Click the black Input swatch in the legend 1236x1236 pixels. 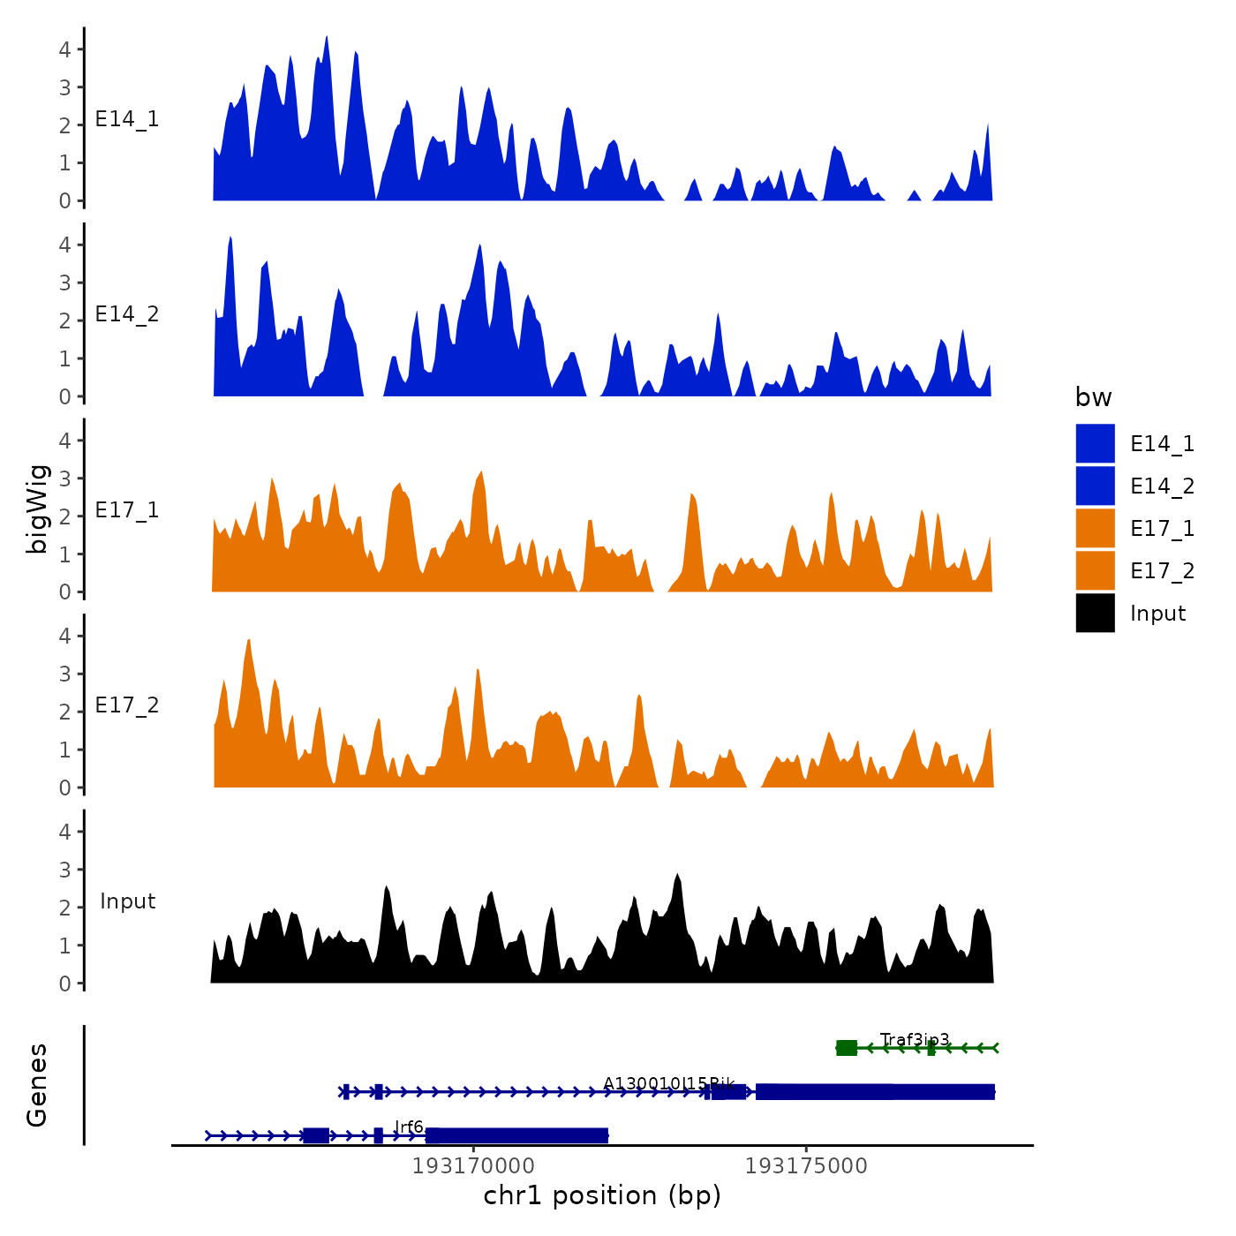click(1095, 613)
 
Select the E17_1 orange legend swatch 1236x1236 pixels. click(1095, 528)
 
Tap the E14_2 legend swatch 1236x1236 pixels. click(1095, 486)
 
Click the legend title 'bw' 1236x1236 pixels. click(1093, 397)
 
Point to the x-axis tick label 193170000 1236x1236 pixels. click(473, 1166)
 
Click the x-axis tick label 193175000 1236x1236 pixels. click(806, 1166)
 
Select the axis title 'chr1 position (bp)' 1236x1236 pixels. click(602, 1195)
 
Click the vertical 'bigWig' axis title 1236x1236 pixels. click(37, 509)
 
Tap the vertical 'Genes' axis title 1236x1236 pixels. click(37, 1085)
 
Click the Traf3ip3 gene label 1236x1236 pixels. click(915, 1039)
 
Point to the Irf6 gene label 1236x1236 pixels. click(409, 1127)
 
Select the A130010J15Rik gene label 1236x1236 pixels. click(668, 1083)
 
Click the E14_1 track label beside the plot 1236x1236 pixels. click(127, 119)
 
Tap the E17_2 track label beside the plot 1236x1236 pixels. click(127, 705)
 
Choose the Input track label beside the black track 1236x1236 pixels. click(127, 901)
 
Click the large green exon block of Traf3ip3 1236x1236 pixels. click(846, 1048)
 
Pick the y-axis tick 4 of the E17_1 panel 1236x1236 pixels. click(64, 441)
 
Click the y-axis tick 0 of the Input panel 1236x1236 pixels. click(64, 984)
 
